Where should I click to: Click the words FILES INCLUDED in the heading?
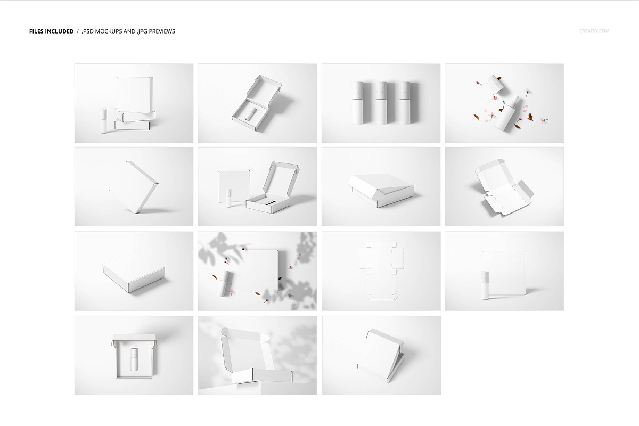pos(51,31)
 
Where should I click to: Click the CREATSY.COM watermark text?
pos(594,31)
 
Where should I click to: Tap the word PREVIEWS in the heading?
pos(162,31)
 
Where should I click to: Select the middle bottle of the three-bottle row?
pos(381,103)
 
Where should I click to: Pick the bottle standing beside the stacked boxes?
pos(103,121)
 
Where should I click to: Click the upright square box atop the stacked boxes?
pos(135,94)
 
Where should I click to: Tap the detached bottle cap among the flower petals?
pos(495,84)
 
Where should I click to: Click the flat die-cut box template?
pos(381,271)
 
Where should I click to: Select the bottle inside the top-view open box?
pos(134,359)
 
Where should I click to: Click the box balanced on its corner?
pos(142,187)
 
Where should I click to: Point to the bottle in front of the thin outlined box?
pos(485,285)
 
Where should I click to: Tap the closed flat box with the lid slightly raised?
pos(381,190)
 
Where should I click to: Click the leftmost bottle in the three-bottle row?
pos(357,103)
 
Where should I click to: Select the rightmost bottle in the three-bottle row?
pos(405,103)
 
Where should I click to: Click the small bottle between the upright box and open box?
pos(229,198)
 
